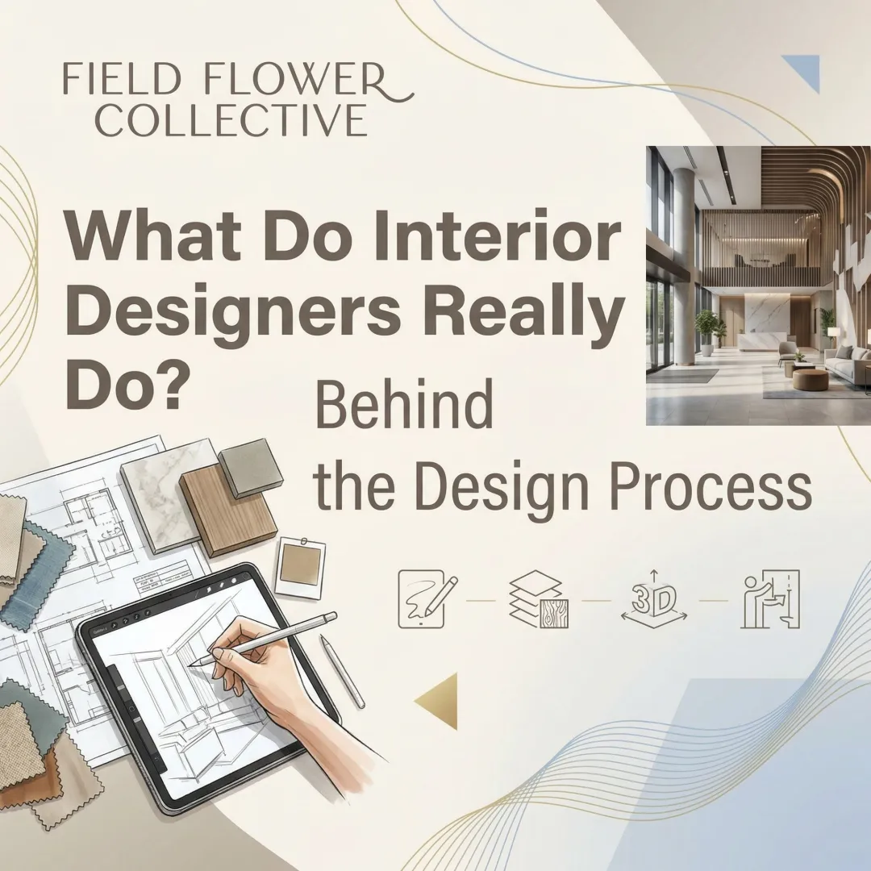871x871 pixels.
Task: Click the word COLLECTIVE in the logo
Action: (235, 119)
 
